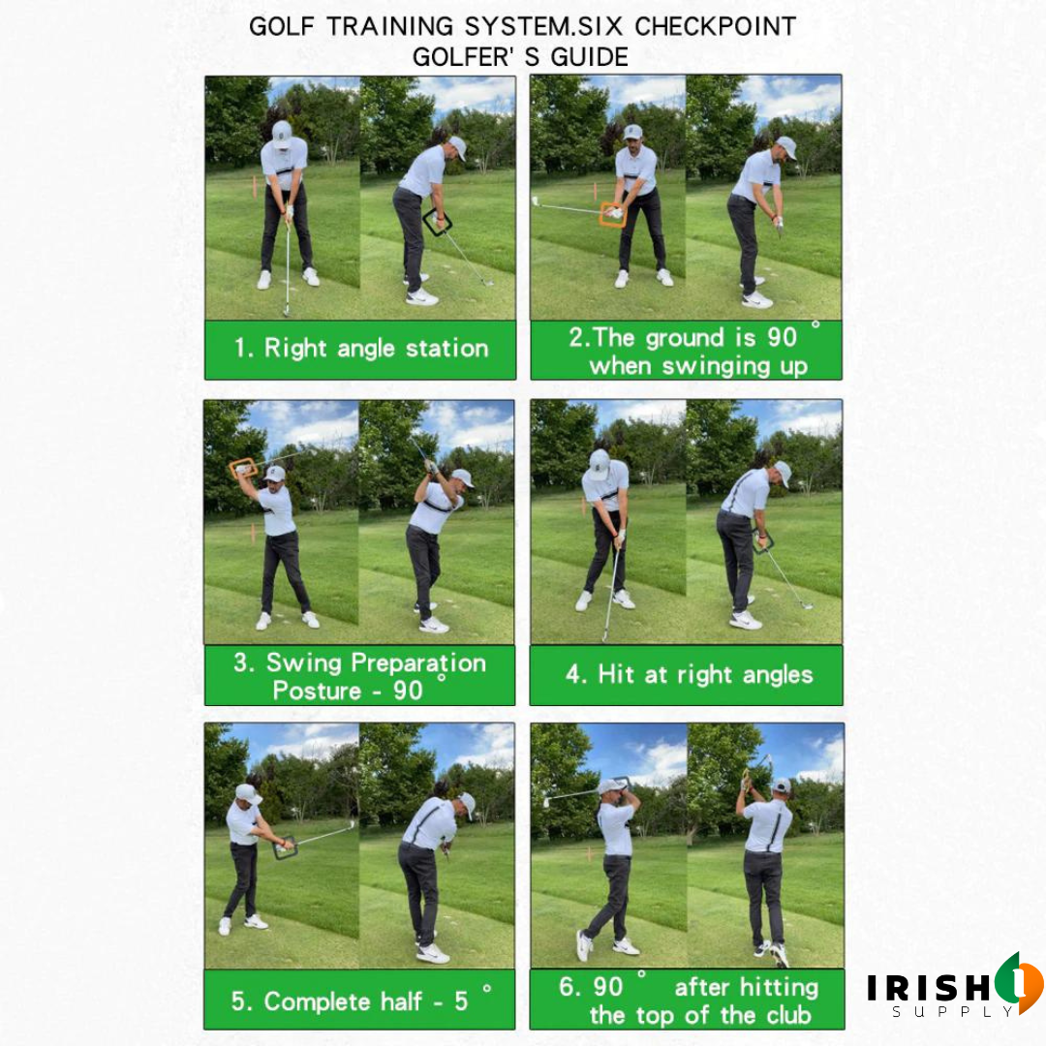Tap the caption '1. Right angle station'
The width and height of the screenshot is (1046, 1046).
(360, 349)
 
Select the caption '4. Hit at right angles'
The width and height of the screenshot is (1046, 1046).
(689, 674)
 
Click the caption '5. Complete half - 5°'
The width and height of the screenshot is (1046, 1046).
(360, 1000)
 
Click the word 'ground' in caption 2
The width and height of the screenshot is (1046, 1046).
(689, 337)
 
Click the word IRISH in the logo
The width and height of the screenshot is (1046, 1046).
(925, 988)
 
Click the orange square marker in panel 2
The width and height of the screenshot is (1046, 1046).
(612, 214)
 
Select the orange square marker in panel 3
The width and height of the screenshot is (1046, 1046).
(242, 469)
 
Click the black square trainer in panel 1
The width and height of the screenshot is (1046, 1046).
(438, 223)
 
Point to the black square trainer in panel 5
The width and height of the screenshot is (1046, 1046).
(285, 848)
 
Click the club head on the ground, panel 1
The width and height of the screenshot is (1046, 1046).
(286, 310)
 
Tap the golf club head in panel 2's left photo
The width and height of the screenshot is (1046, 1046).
(536, 201)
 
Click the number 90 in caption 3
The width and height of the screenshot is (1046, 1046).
(409, 691)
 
